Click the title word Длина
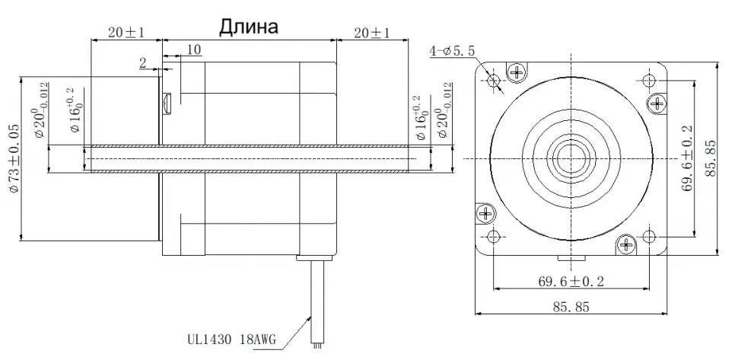pos(249,27)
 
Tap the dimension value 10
pos(192,49)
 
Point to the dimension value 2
pos(142,64)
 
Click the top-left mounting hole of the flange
pos(495,80)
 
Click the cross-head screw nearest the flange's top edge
pos(520,72)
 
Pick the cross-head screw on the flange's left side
pos(483,214)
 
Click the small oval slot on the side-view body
pos(168,100)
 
